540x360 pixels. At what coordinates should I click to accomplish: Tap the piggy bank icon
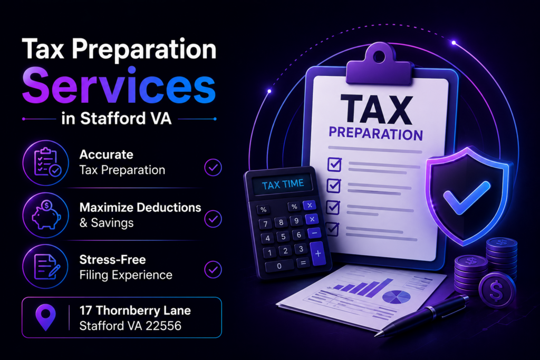(46, 216)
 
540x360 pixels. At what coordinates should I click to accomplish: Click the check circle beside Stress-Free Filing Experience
(213, 269)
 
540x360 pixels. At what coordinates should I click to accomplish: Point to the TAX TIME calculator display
(283, 184)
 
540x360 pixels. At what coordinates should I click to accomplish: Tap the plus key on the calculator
(318, 254)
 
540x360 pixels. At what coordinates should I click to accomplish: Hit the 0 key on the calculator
(279, 266)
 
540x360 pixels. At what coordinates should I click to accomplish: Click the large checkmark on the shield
(466, 198)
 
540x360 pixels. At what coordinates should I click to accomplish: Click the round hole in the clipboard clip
(379, 56)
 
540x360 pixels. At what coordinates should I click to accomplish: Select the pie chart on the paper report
(397, 296)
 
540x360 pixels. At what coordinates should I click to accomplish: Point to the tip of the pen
(375, 335)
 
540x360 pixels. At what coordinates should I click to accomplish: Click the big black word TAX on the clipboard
(377, 110)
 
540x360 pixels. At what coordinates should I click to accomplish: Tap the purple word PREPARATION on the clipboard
(375, 133)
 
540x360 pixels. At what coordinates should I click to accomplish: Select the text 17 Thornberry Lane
(135, 310)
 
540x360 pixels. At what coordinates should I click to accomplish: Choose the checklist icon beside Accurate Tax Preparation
(47, 162)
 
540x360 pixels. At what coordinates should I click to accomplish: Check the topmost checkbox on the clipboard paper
(334, 164)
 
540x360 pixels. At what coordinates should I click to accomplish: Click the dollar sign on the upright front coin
(496, 290)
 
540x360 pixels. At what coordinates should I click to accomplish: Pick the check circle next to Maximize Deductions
(213, 219)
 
